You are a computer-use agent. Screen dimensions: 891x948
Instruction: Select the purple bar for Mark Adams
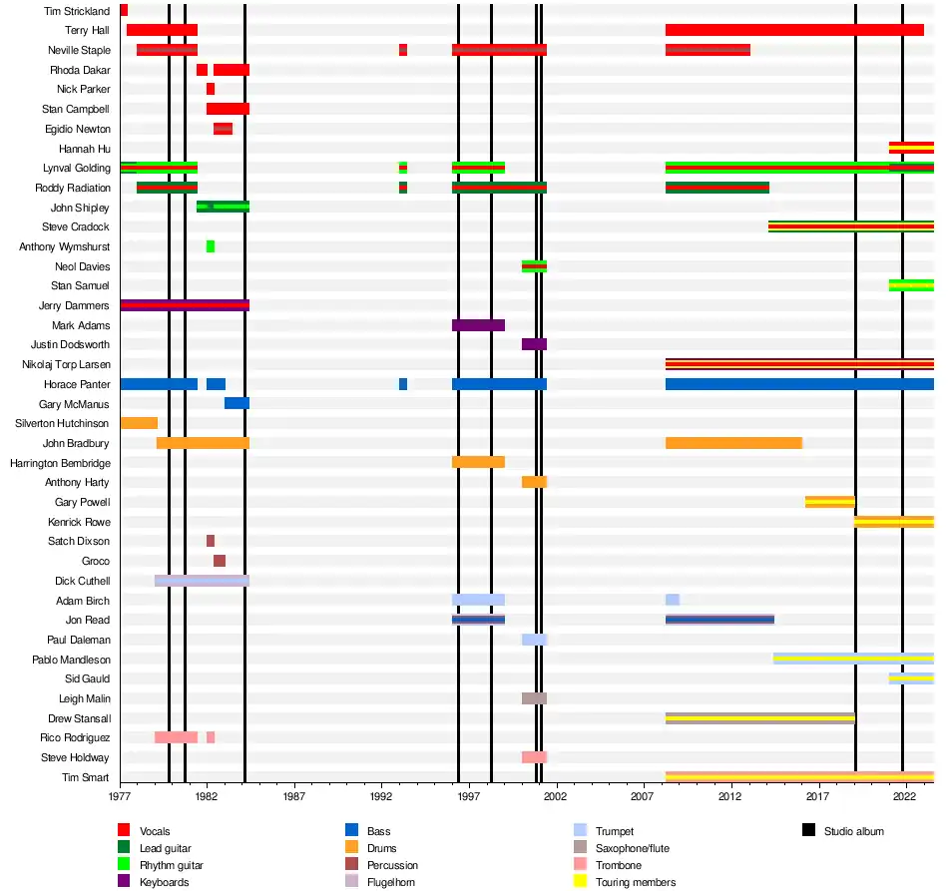[478, 325]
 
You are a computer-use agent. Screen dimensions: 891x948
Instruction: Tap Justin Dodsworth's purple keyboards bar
[534, 344]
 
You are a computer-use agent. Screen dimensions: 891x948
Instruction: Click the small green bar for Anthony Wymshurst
[211, 246]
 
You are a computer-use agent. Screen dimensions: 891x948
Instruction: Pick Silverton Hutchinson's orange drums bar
[139, 423]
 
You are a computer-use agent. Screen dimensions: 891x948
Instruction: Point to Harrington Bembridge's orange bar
[478, 462]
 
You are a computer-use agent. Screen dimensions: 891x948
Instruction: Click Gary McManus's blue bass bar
[237, 403]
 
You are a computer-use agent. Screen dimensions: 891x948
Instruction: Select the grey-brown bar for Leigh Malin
[534, 698]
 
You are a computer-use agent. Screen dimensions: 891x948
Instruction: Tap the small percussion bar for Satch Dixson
[211, 541]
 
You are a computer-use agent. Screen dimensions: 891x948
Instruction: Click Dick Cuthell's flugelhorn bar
[202, 581]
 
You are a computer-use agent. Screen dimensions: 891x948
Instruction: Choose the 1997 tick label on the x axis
[468, 797]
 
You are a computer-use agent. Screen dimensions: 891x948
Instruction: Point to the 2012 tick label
[729, 797]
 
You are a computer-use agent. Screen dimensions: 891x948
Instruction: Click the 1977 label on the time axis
[120, 797]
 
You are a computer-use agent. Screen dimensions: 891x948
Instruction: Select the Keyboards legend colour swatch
[124, 882]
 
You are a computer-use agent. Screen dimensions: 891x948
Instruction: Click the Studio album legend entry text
[853, 831]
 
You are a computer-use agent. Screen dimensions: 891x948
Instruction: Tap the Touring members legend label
[635, 882]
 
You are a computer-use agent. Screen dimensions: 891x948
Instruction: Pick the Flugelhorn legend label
[391, 882]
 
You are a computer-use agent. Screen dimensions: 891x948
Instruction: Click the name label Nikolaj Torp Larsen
[66, 364]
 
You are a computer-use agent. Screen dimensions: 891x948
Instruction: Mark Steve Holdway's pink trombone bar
[534, 757]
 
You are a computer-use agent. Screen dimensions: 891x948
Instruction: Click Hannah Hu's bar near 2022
[911, 148]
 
